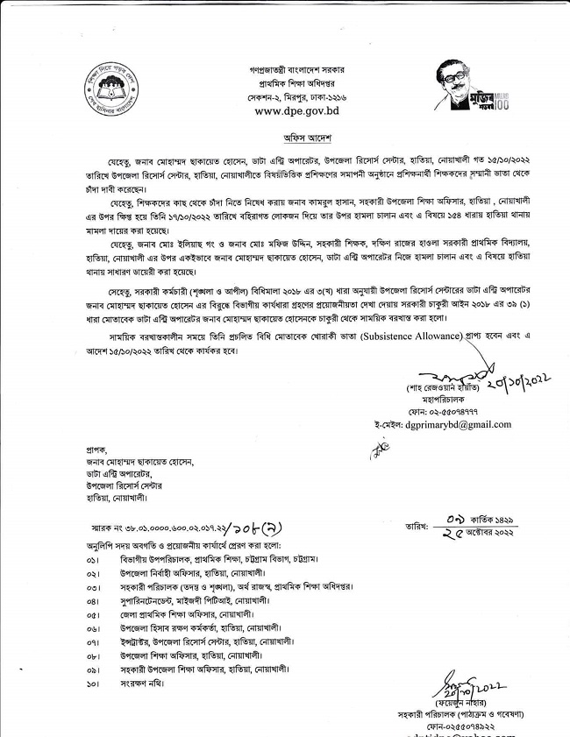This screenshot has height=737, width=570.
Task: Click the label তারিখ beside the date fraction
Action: click(x=410, y=528)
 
